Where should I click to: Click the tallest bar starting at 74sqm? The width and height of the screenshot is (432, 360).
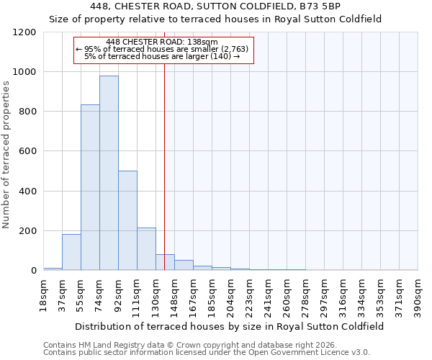(109, 173)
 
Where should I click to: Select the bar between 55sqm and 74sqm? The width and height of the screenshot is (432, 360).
(90, 187)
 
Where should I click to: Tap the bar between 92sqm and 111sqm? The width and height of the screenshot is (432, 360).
(127, 220)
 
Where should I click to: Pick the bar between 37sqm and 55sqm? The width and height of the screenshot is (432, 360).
(71, 252)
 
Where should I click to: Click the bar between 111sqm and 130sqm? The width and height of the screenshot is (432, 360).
(146, 249)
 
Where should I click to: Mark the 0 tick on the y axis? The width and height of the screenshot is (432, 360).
(33, 271)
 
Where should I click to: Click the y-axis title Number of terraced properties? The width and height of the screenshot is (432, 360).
(6, 155)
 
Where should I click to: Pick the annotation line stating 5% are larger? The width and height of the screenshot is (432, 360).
(163, 55)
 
